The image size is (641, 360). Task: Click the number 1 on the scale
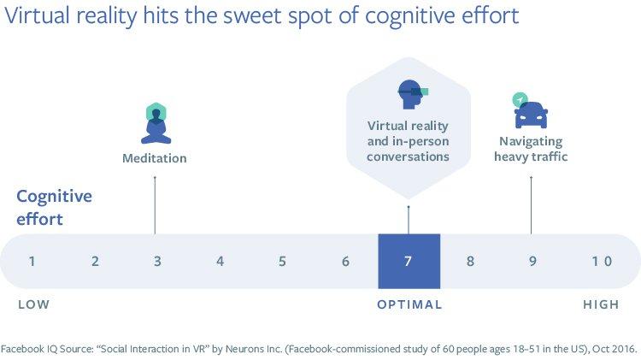32,261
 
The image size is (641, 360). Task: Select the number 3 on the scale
157,261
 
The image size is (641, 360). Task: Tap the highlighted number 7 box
409,261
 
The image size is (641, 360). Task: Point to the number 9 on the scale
532,261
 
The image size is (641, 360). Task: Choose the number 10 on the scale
602,261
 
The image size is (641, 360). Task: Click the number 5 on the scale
282,261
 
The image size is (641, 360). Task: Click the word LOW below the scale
33,304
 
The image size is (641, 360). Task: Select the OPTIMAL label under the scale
409,304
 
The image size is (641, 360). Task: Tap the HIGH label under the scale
601,304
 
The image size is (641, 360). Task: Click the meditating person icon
155,122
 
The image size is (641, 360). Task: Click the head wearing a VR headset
410,95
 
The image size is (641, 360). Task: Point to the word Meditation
154,158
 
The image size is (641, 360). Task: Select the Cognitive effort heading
53,206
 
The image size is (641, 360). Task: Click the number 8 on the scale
470,261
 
